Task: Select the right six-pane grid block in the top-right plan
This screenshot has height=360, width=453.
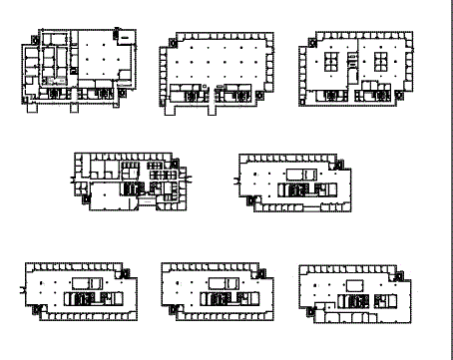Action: pos(380,64)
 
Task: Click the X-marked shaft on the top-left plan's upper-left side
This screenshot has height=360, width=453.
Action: pos(35,39)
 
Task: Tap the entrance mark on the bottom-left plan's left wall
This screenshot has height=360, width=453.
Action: pos(23,287)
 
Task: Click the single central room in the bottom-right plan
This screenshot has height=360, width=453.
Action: pos(353,287)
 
